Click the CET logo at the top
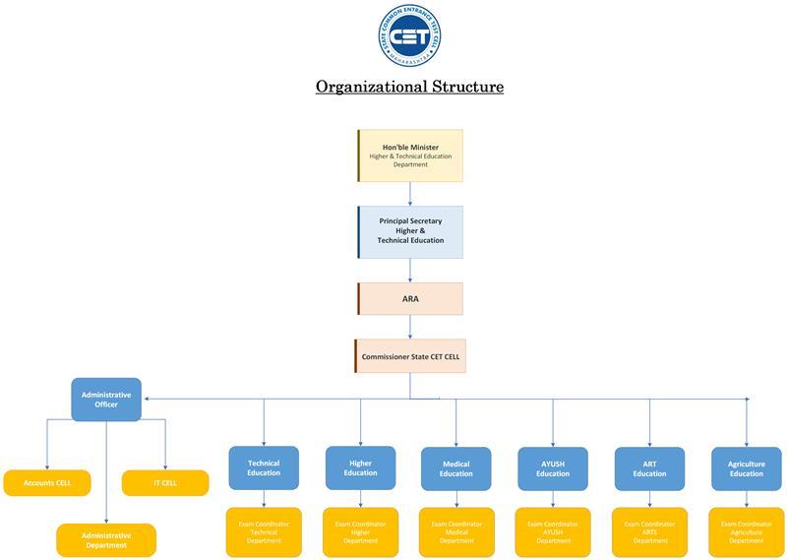coord(409,35)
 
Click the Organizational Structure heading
coord(409,87)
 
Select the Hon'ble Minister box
coord(410,156)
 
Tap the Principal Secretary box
coord(410,231)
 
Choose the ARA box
coord(410,298)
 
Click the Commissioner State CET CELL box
coord(410,356)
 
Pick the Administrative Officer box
coord(106,400)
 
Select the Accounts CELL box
coord(47,483)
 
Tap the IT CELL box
coord(165,483)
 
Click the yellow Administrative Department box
coord(106,540)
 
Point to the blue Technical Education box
coord(264,468)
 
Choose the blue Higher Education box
coord(360,468)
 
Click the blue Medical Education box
coord(455,468)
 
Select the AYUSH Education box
coord(553,468)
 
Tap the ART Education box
coord(649,468)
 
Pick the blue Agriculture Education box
coord(746,468)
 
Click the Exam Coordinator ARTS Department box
coord(649,532)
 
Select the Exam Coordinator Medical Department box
coord(455,532)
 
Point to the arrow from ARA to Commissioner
coord(410,327)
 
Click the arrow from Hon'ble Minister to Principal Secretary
coord(410,194)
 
